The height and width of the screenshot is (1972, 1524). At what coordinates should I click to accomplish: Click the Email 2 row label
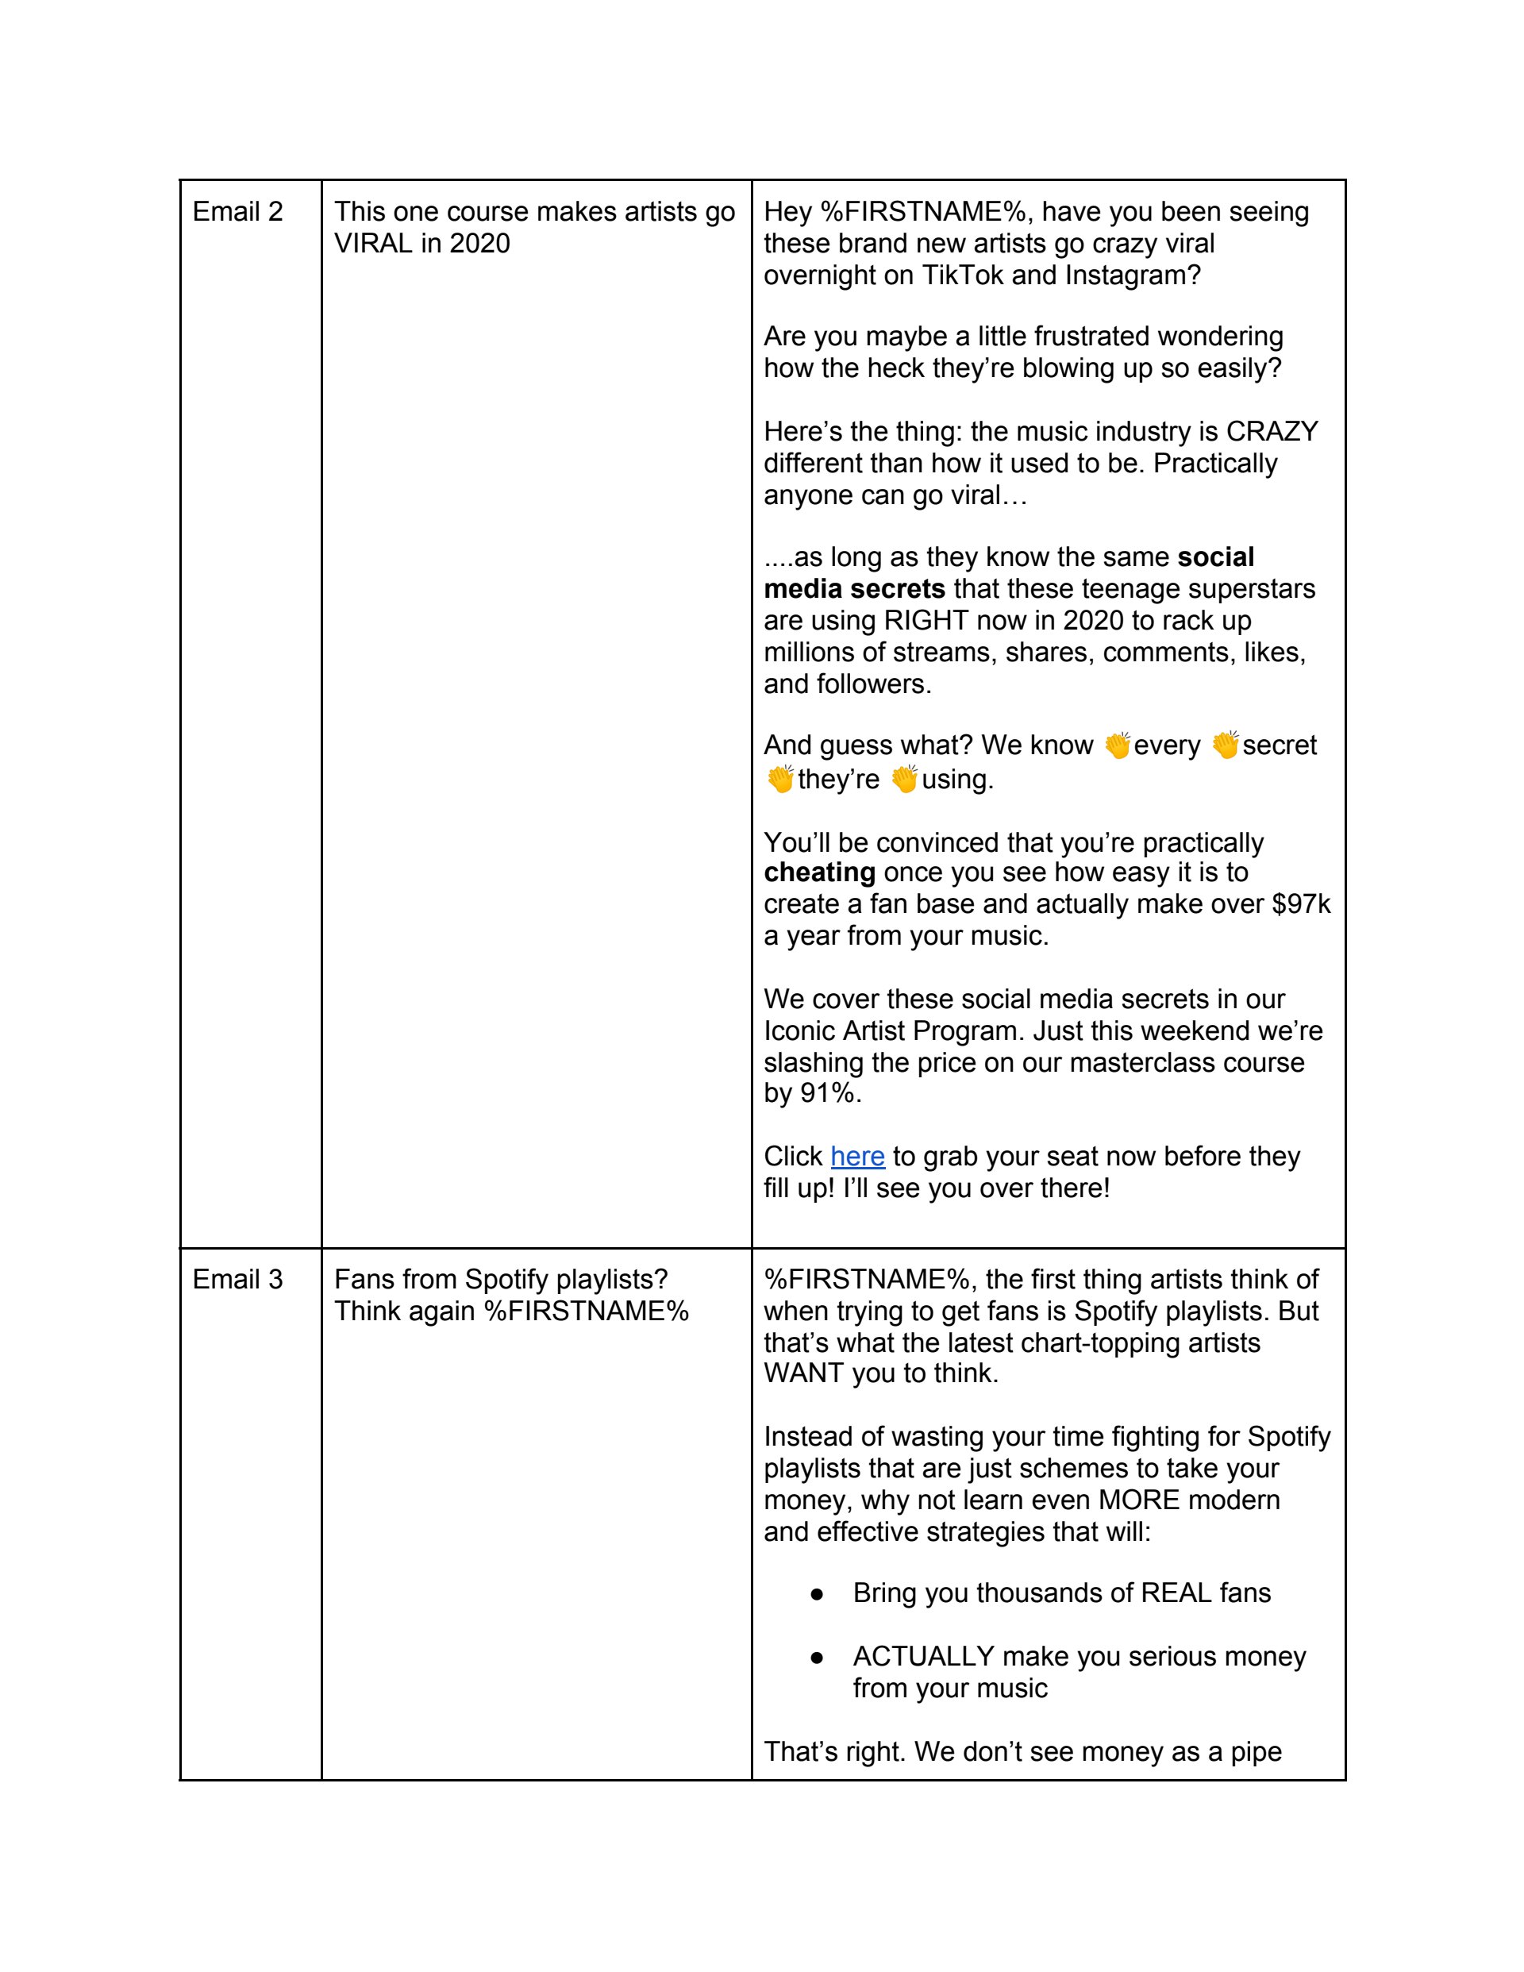coord(237,212)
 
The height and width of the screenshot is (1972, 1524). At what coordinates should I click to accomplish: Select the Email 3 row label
coord(237,1280)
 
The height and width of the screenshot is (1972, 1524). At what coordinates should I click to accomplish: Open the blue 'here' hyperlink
coord(856,1157)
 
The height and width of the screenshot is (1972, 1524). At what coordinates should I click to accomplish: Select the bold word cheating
coord(819,872)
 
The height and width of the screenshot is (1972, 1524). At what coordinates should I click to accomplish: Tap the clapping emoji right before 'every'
coord(1117,745)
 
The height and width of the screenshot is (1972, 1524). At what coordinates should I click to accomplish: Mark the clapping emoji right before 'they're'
coord(779,778)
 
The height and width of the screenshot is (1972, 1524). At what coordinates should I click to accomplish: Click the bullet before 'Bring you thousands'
coord(816,1593)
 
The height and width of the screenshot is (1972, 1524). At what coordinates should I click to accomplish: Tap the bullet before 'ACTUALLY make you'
coord(816,1657)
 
